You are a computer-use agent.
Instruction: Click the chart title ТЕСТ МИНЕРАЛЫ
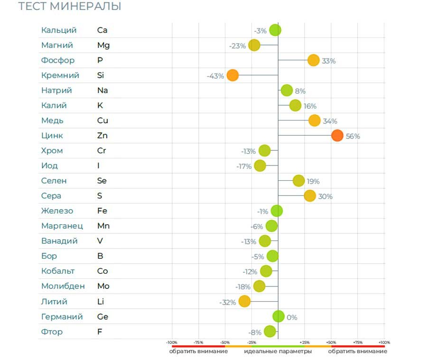pos(69,7)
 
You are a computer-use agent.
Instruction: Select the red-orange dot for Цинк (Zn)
pos(337,136)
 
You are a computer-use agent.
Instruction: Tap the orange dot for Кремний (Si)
pos(232,75)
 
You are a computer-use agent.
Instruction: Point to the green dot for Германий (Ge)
pos(278,316)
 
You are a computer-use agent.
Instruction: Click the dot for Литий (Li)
pos(244,301)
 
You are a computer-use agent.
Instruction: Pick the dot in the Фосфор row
pos(313,60)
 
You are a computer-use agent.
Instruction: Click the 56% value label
pos(353,137)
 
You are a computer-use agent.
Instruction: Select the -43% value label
pos(215,76)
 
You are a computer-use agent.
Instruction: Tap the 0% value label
pos(292,317)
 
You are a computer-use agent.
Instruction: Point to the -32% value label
pos(227,302)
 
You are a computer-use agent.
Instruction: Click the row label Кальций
pos(59,30)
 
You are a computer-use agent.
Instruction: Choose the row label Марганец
pos(62,226)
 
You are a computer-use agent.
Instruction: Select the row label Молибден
pos(63,286)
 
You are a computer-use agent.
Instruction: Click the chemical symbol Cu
pos(102,120)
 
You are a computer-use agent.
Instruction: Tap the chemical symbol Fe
pos(102,211)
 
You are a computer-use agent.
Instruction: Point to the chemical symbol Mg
pos(103,46)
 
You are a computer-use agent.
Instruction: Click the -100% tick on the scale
pos(172,342)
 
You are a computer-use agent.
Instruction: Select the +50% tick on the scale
pos(331,342)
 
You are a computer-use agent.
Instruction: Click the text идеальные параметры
pos(278,351)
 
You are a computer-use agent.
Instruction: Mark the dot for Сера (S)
pos(310,196)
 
